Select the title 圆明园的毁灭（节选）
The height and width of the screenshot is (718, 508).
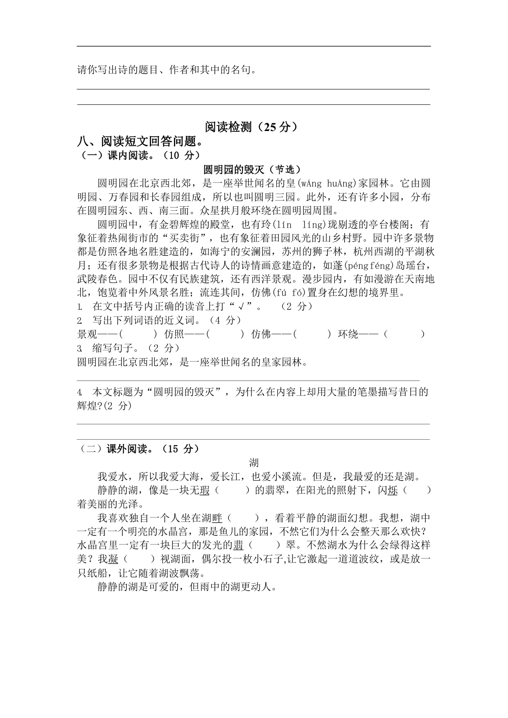[253, 169]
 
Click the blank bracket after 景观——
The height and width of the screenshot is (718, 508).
[138, 334]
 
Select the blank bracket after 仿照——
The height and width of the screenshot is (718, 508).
[226, 334]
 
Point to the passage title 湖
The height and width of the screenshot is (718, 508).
[254, 463]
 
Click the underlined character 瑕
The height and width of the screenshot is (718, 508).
[205, 490]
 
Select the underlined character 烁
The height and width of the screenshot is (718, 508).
[393, 490]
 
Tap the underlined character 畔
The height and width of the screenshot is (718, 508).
[217, 518]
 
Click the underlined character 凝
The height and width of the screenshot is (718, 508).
[113, 559]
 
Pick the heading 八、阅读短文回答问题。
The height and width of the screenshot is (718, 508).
[140, 142]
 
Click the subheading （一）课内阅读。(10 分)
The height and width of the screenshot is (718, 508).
[139, 156]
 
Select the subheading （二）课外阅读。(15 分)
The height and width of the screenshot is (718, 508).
[139, 449]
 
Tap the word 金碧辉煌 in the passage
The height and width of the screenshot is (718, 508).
[178, 225]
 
